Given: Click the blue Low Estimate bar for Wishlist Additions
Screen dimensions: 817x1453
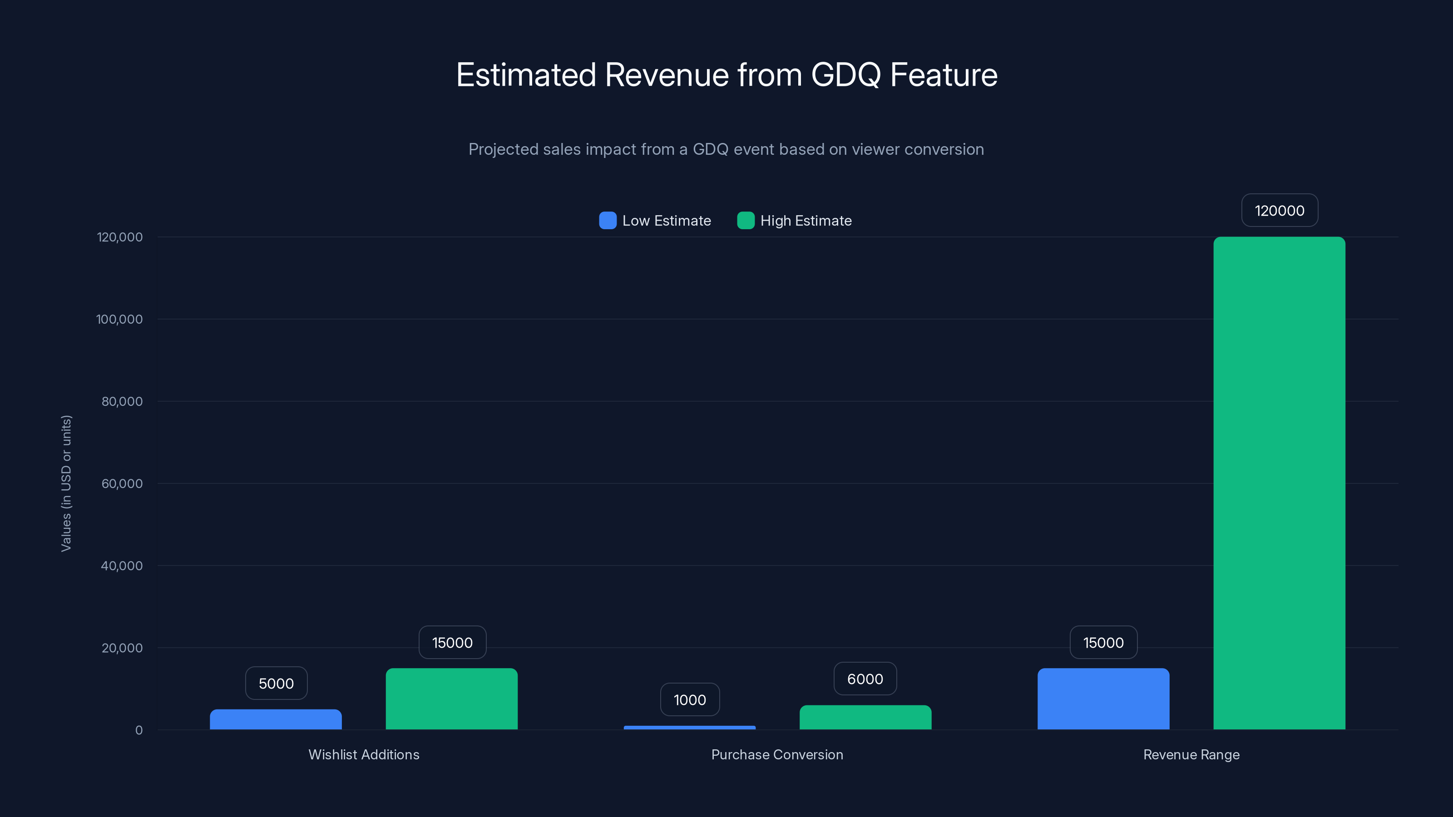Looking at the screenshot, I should point(276,719).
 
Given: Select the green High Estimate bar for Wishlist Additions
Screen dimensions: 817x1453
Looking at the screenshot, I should point(451,699).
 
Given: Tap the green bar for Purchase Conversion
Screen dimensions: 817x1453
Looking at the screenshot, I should point(865,717).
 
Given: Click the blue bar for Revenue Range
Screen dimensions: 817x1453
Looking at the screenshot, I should point(1103,699).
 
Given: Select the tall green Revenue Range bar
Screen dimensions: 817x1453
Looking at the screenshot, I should point(1279,483).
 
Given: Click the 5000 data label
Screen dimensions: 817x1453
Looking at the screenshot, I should point(276,684).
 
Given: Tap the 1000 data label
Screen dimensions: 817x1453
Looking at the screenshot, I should point(689,700).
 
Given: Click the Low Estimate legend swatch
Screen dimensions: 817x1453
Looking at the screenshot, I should point(608,221).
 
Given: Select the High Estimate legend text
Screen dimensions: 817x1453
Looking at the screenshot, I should point(806,221).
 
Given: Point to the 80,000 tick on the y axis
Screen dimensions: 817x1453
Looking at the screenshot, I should point(122,401).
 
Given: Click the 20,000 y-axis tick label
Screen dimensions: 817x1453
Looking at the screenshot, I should point(122,648).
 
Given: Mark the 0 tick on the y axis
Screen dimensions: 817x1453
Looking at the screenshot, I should point(139,730).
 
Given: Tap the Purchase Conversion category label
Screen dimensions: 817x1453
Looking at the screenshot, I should point(777,754).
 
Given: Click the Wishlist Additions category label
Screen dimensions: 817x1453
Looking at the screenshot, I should point(364,754).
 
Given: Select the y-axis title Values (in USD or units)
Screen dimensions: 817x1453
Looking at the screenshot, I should point(66,483).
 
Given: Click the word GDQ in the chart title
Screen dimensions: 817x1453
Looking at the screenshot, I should point(845,75).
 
